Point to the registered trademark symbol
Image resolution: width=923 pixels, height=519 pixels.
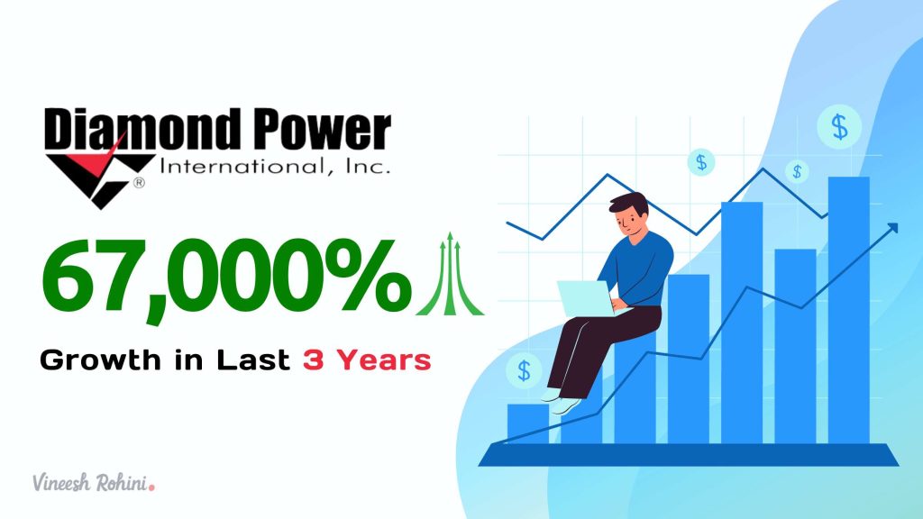click(x=140, y=183)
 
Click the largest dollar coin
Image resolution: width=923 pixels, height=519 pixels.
click(x=839, y=127)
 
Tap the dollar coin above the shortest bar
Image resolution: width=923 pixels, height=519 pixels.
click(x=525, y=369)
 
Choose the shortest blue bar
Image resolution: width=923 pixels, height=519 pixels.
click(x=527, y=423)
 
